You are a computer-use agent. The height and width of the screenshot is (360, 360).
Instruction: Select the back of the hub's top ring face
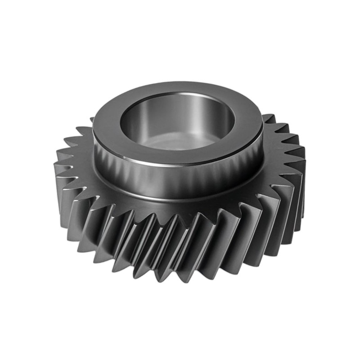(x=180, y=87)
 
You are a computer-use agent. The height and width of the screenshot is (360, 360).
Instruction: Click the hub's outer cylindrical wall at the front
(x=178, y=180)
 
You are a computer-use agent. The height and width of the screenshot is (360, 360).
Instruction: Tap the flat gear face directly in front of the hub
(x=178, y=209)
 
